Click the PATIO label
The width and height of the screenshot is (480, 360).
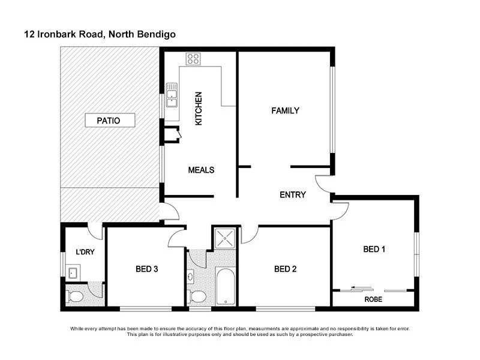click(x=109, y=121)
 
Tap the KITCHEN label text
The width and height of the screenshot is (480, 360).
click(x=199, y=109)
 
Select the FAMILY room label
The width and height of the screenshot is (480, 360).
click(x=285, y=110)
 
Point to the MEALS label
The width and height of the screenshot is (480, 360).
click(x=201, y=170)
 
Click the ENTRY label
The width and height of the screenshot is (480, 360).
click(x=293, y=194)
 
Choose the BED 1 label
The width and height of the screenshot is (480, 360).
click(x=374, y=249)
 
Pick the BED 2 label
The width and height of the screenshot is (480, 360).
click(x=285, y=269)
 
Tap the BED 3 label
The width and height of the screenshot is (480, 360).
click(x=146, y=269)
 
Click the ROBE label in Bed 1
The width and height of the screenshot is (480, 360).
click(x=373, y=298)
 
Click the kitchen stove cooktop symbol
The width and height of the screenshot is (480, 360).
click(x=193, y=59)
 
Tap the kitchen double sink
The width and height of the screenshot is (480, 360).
click(x=172, y=94)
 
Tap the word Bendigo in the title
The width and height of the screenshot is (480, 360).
click(x=155, y=35)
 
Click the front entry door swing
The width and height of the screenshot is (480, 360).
click(x=322, y=183)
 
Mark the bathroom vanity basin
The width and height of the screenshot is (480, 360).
click(x=191, y=277)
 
